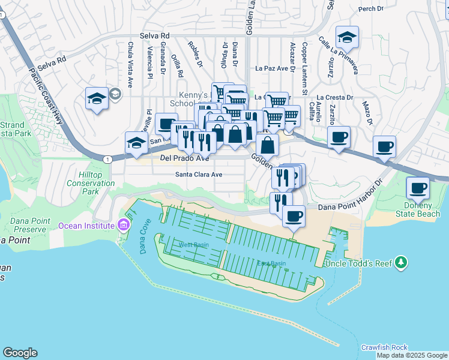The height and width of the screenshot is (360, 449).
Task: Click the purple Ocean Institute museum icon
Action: [x=124, y=226]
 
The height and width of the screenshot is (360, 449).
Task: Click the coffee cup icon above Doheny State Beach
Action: [x=418, y=188]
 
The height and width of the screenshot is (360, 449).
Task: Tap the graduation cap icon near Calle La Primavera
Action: [x=347, y=37]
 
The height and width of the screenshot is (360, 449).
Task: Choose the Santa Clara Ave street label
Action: [x=199, y=175]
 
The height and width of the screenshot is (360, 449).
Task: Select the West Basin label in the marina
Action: [x=193, y=245]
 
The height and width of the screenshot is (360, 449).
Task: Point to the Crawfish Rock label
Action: [x=384, y=347]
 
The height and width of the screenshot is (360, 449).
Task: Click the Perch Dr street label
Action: [x=370, y=9]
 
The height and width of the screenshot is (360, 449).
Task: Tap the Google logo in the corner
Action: [x=20, y=352]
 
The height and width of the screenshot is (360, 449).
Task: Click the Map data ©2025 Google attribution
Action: [x=412, y=355]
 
